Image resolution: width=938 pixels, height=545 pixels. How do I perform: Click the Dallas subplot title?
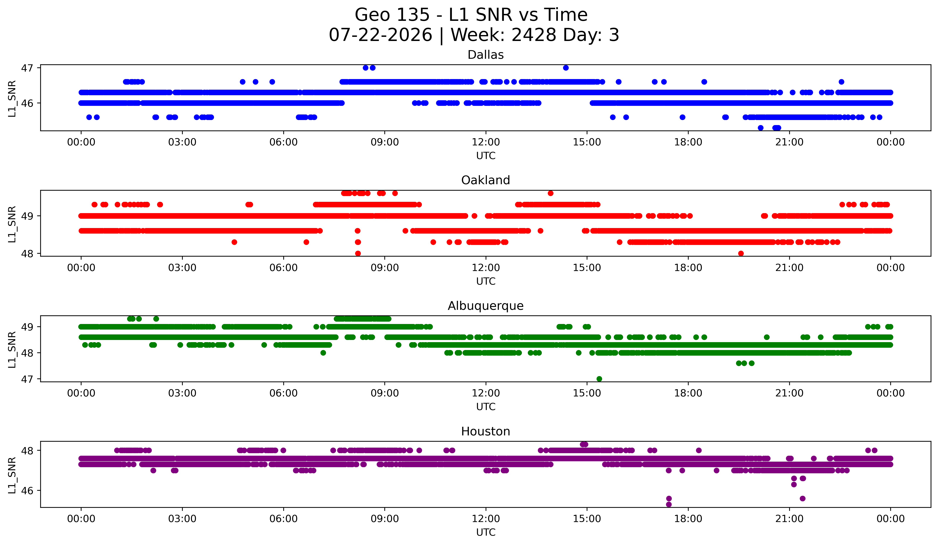485,55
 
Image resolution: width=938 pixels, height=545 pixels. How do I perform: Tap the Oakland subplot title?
485,180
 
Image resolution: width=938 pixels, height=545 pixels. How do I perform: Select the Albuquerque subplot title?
485,306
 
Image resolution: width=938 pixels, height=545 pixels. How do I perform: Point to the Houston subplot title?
485,431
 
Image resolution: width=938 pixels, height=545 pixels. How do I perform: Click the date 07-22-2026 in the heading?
380,35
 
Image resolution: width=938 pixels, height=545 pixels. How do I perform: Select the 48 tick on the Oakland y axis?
27,254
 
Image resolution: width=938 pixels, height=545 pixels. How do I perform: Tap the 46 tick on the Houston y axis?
27,491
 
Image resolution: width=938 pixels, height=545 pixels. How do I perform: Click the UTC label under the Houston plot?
485,532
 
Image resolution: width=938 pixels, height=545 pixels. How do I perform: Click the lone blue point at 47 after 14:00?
566,68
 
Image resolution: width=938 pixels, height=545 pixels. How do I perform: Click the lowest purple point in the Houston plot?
669,504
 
